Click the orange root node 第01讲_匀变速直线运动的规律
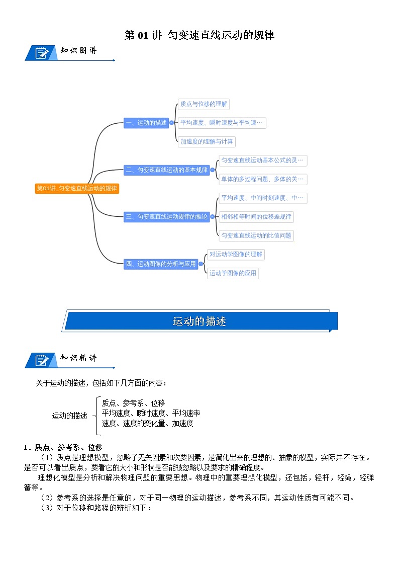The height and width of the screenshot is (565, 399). tap(76, 189)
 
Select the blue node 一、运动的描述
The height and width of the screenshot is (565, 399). tap(146, 123)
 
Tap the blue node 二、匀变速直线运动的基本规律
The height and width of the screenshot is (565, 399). tap(166, 170)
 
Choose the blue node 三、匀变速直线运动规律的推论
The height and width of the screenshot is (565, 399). tap(166, 217)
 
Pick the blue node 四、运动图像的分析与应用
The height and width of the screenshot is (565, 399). tap(161, 264)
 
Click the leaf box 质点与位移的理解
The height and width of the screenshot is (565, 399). tap(204, 104)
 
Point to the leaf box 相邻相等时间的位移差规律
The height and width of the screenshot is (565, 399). tap(256, 217)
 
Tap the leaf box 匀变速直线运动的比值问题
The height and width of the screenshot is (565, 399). tap(256, 235)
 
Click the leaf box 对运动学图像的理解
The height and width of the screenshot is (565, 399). tap(236, 255)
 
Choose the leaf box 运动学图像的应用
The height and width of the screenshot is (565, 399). tap(233, 273)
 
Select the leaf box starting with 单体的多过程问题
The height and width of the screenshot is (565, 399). tap(263, 180)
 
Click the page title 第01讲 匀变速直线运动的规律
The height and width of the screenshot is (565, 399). tap(199, 35)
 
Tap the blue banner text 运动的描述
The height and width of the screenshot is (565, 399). tap(199, 321)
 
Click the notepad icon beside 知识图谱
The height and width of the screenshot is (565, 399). tap(41, 52)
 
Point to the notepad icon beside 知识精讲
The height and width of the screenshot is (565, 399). tap(41, 360)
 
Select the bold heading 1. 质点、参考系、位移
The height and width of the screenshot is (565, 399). tap(63, 447)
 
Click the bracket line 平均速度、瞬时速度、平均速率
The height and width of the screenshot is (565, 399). tap(151, 413)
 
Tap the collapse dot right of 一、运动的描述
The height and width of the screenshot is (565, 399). tap(171, 123)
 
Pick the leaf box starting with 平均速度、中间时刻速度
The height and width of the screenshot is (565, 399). tap(263, 198)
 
